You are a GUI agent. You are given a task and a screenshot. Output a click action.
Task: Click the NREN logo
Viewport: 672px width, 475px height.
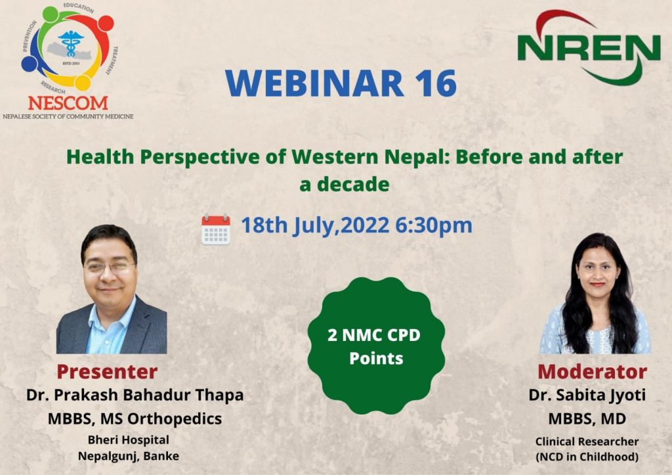[589, 47]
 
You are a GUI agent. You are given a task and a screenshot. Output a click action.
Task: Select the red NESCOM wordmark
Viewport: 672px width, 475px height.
[68, 103]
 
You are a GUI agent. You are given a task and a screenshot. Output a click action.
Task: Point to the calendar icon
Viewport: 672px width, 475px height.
[215, 229]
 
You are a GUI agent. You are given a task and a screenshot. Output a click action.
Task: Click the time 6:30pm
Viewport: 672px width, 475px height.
[433, 225]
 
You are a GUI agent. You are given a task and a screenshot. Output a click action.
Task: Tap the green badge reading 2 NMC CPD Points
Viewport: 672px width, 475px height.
[376, 346]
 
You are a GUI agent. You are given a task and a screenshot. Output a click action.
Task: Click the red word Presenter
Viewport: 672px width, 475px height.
[107, 372]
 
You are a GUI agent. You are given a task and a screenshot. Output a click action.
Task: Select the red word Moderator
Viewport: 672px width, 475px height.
[593, 372]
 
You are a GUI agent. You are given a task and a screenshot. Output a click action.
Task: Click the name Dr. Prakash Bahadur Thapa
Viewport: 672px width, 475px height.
[135, 395]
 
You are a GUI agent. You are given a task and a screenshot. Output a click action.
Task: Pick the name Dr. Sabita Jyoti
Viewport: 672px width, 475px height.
[587, 396]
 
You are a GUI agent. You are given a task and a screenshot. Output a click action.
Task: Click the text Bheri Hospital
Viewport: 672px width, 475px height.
[129, 440]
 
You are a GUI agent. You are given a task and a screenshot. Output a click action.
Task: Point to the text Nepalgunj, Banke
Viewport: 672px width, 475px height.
[129, 456]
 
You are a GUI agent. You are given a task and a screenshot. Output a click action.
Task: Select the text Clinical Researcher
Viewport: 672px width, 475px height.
[587, 441]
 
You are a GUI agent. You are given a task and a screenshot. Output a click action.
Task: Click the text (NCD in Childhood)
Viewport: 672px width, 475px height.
[587, 457]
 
